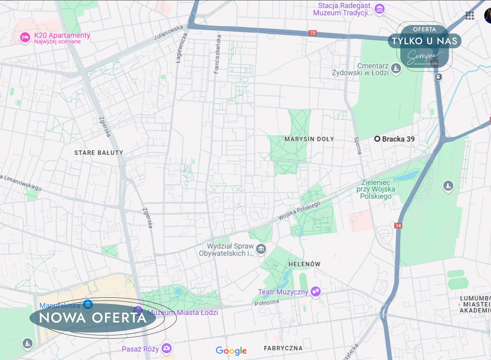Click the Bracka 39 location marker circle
point(377,139)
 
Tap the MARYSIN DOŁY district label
point(309,139)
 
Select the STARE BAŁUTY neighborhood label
point(99,153)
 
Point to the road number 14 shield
point(398,226)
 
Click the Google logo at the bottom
point(231,351)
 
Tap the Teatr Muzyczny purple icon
point(315,292)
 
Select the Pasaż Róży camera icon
point(166,349)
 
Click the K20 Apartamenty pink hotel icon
point(25,38)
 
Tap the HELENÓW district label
point(304,264)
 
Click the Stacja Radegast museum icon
point(380,9)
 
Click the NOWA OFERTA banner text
point(93,317)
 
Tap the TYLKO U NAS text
point(424,41)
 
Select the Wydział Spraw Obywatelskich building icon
point(261,249)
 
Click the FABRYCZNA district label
point(283,348)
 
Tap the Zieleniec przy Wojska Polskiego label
point(376,189)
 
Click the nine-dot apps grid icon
point(470,16)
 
